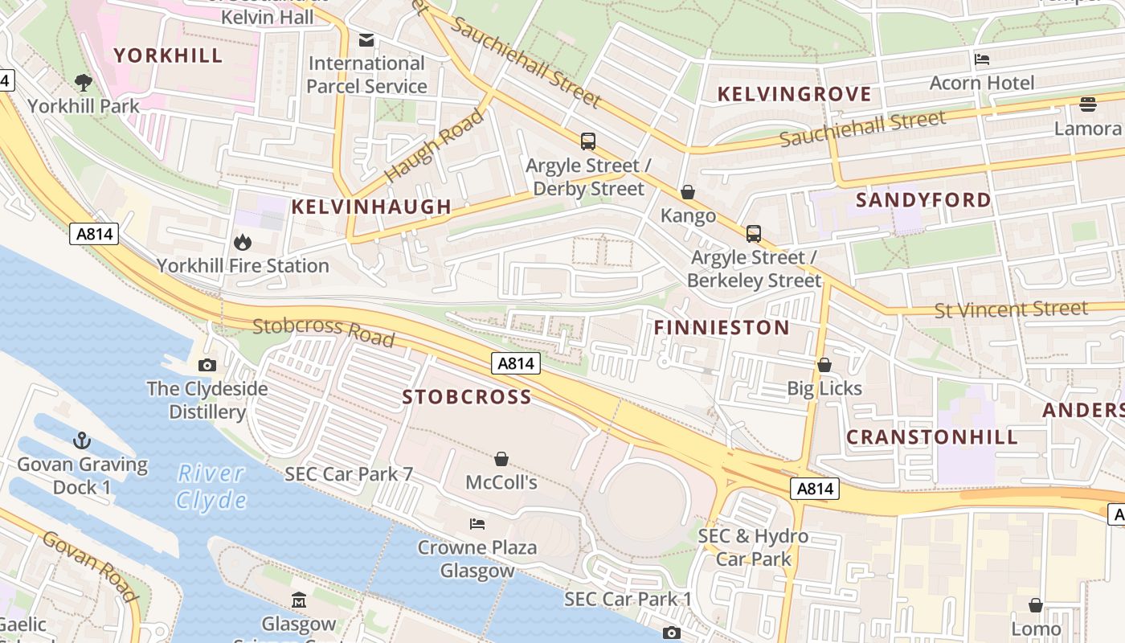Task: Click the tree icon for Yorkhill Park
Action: pos(83,81)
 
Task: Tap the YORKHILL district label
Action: pos(168,55)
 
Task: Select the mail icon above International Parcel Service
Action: pos(366,39)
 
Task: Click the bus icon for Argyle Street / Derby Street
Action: pos(588,141)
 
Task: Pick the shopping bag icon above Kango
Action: pos(688,192)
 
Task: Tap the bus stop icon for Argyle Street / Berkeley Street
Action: pos(753,234)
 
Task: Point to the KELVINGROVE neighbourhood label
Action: pos(794,94)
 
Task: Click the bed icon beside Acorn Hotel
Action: pos(981,59)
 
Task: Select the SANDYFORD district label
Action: pos(923,200)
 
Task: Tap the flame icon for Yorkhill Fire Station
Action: pos(242,242)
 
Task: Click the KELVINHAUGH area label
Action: pos(371,207)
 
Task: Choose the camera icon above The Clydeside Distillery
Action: pos(207,366)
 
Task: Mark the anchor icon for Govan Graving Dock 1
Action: pos(82,440)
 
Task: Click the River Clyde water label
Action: pos(211,486)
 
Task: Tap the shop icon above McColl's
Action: pos(501,459)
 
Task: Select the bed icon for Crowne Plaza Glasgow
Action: pos(477,524)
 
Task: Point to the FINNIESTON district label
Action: pos(722,327)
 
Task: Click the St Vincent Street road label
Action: pos(1011,309)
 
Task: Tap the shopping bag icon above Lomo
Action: pos(1036,605)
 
